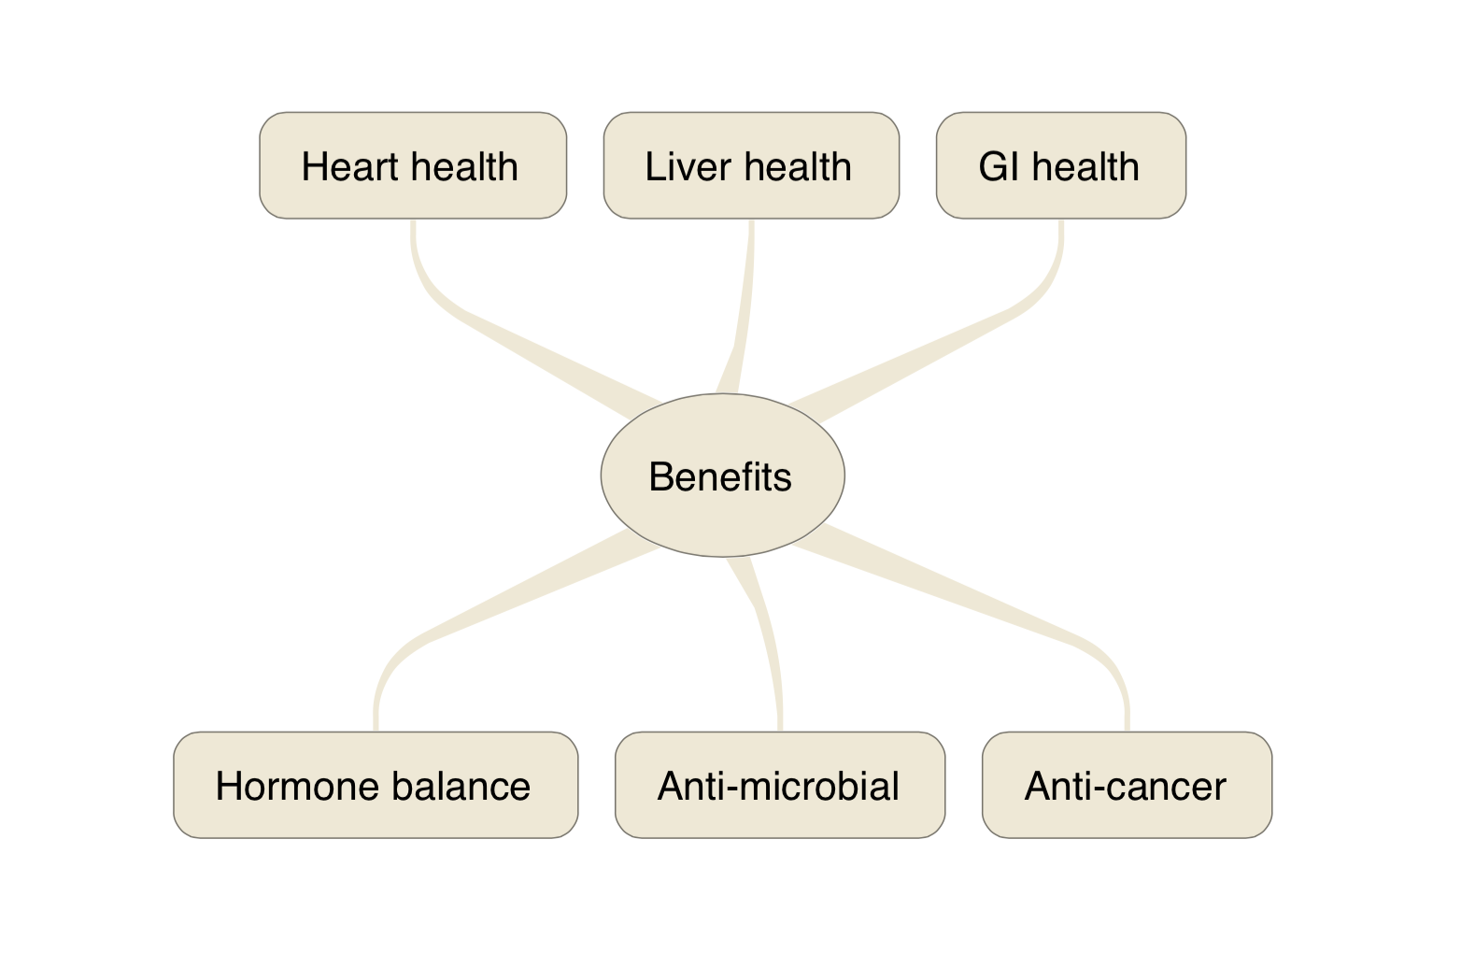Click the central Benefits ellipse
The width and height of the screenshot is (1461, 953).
point(722,476)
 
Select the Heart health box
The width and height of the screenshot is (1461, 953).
point(413,165)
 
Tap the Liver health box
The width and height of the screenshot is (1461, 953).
point(751,165)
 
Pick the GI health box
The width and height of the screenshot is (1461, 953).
point(1061,165)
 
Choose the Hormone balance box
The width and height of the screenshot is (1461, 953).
point(376,785)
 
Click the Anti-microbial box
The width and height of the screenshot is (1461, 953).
point(780,785)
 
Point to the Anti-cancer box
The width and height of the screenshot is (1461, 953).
point(1127,785)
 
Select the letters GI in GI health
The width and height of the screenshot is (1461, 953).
point(999,167)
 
